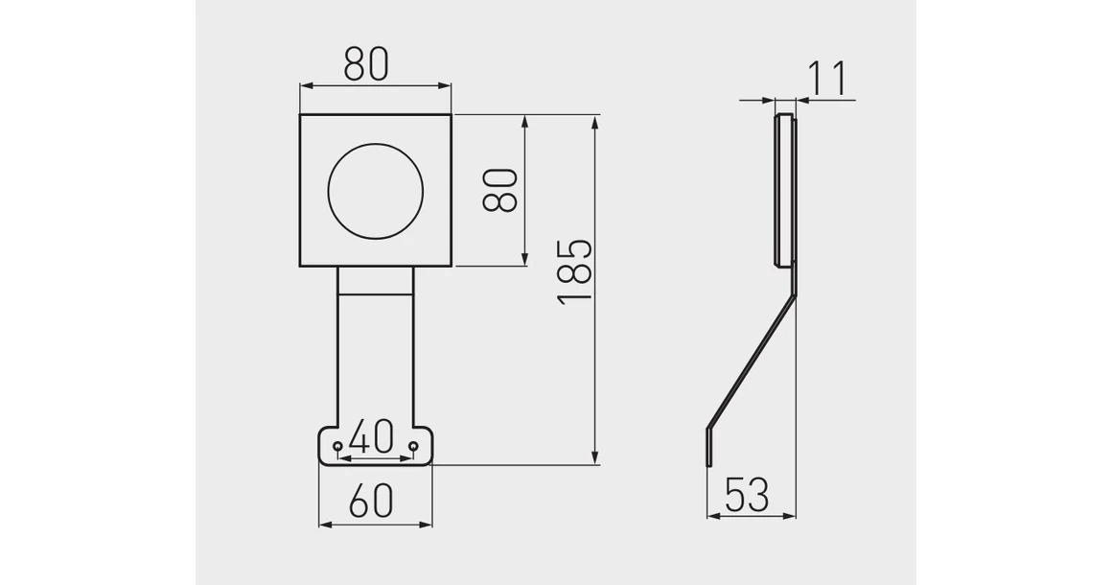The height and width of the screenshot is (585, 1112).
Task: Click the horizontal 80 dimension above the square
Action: pos(366,64)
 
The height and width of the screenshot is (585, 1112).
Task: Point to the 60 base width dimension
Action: pos(370,502)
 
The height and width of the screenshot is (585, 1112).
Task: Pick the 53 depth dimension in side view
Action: pos(747,495)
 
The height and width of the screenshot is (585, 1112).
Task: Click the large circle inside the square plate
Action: pos(375,190)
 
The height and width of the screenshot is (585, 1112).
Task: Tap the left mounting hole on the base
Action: pos(337,447)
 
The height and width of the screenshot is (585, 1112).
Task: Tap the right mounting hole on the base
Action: pos(413,447)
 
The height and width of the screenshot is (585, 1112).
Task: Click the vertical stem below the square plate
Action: pos(375,355)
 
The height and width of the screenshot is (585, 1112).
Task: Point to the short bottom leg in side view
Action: pos(709,446)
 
